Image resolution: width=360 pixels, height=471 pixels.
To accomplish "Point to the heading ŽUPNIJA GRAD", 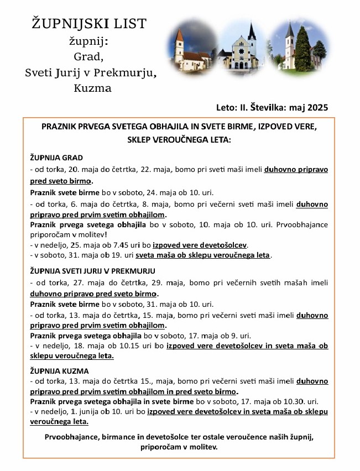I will coord(56,158).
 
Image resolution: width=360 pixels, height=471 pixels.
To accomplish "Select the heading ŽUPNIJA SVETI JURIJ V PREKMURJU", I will coord(92,271).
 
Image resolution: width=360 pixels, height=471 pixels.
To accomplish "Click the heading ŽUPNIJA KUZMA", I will coord(59,371).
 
